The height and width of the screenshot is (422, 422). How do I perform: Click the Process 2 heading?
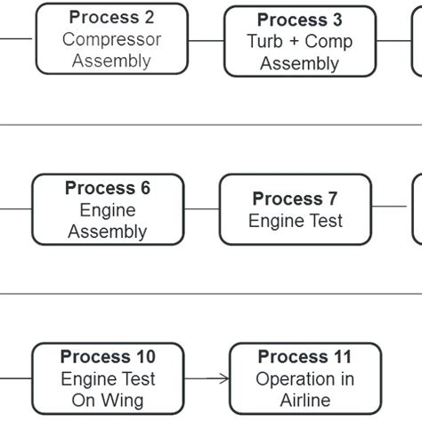click(x=111, y=18)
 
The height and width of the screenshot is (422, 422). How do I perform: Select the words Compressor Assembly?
click(x=111, y=50)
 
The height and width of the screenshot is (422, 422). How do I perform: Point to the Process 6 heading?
click(x=108, y=189)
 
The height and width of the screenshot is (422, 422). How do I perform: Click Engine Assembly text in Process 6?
click(x=108, y=222)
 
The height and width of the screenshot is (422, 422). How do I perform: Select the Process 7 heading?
click(x=295, y=199)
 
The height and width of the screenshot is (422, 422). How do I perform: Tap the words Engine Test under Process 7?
click(x=295, y=221)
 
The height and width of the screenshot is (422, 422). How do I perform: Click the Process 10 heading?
click(x=108, y=357)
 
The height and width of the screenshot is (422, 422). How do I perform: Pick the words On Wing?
click(x=108, y=401)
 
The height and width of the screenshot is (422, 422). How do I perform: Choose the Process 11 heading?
click(x=305, y=357)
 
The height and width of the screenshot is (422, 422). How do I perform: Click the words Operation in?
click(x=305, y=379)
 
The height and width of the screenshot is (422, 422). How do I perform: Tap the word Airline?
click(x=305, y=401)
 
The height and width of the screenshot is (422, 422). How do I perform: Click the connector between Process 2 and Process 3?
click(x=206, y=40)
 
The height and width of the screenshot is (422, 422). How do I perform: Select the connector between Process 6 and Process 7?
click(x=201, y=210)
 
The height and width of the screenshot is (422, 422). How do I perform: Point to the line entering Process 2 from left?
click(x=16, y=39)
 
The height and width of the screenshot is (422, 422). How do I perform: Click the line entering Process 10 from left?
click(x=16, y=378)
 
